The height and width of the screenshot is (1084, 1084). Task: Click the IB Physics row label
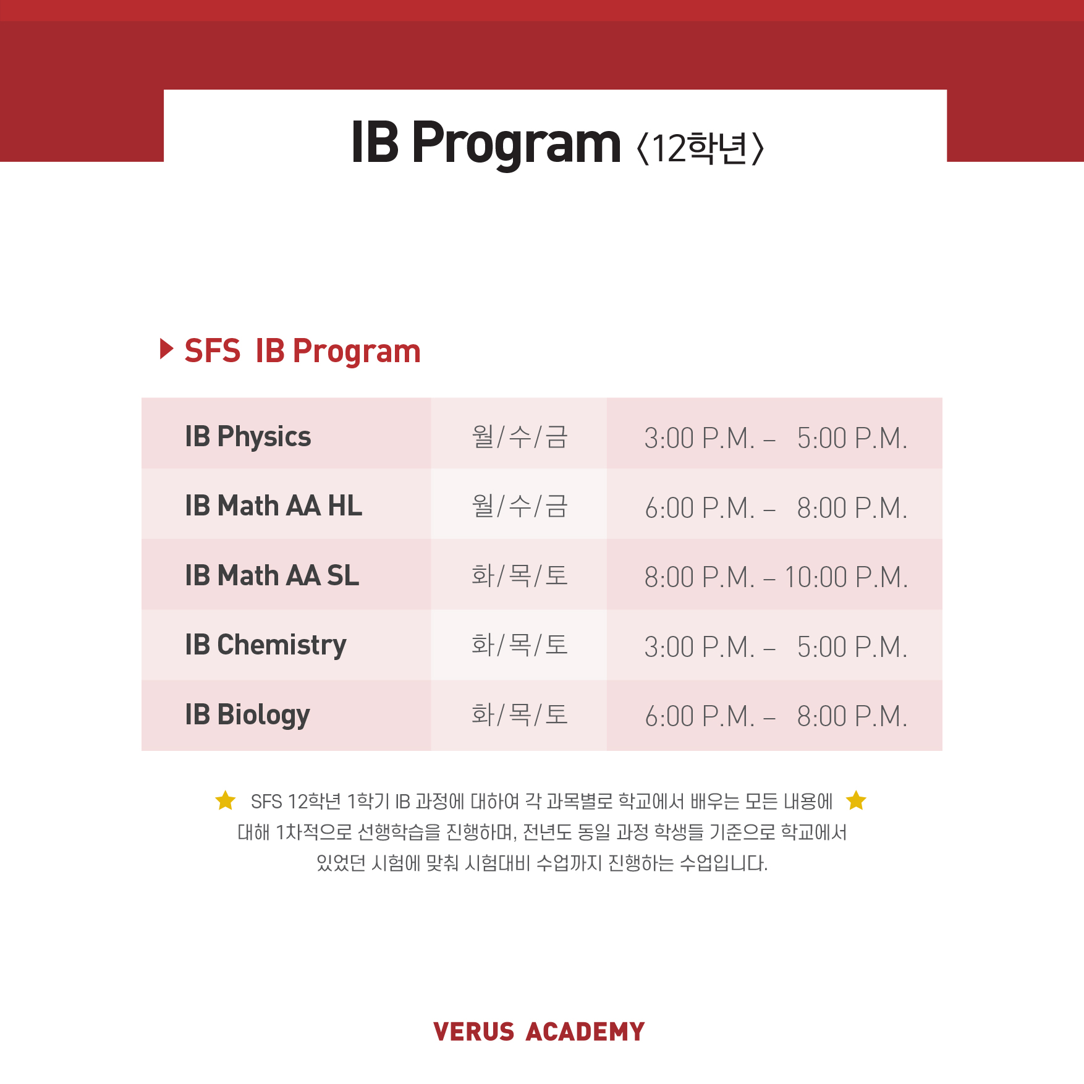[248, 437]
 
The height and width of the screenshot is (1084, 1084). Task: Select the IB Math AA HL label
[273, 506]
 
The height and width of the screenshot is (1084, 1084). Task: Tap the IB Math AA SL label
[272, 575]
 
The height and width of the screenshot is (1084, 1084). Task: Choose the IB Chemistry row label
[266, 645]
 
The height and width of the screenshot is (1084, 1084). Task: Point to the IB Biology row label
[247, 715]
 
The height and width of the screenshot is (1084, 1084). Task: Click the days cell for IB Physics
[520, 437]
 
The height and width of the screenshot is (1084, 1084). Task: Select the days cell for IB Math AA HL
[520, 506]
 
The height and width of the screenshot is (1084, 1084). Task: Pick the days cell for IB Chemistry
[520, 645]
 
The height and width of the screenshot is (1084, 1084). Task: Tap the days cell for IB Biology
[520, 715]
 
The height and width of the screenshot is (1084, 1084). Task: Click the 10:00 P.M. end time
[846, 577]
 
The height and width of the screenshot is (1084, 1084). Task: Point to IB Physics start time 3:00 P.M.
[700, 438]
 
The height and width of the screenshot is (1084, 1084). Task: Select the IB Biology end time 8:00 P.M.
[852, 716]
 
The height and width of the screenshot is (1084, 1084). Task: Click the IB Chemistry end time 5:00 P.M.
[852, 647]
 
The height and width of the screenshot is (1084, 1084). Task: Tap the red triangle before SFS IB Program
[166, 349]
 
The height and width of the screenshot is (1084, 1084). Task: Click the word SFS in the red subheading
[213, 351]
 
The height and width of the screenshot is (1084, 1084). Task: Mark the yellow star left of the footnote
[226, 800]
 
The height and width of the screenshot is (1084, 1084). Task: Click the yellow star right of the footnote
[856, 800]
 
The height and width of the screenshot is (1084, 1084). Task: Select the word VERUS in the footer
[474, 1032]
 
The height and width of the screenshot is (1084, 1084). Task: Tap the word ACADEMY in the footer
[585, 1032]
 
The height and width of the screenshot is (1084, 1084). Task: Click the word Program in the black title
[516, 144]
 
